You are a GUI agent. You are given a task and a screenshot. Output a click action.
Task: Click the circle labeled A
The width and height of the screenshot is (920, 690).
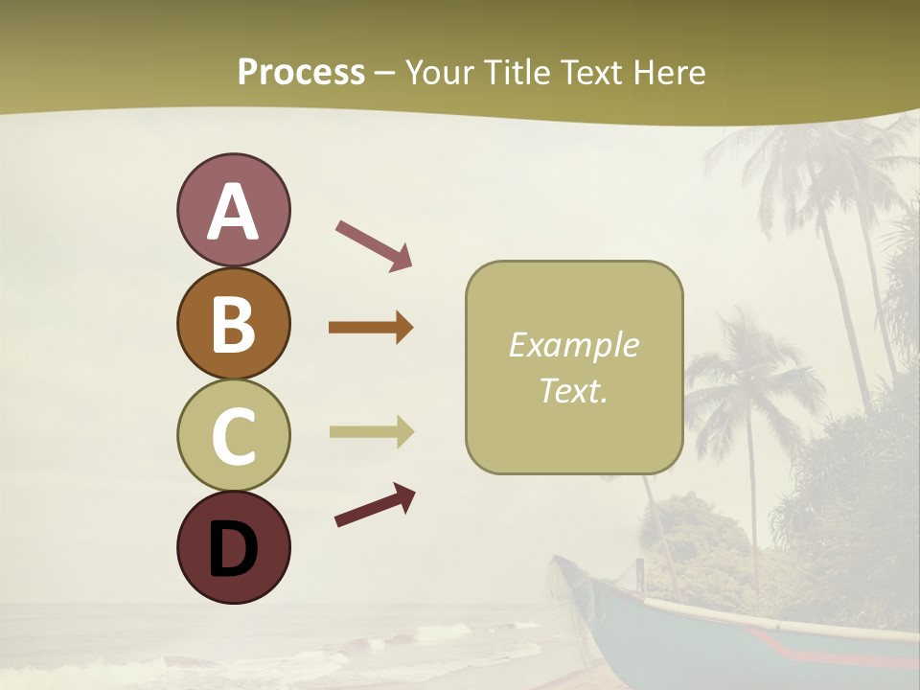point(234,211)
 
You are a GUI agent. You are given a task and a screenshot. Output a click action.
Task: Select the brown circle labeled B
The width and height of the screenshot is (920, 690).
point(234,324)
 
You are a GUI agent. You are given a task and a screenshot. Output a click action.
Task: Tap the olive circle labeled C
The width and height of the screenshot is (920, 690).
point(234,435)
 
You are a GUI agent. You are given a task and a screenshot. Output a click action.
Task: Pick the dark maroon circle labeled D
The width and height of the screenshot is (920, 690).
point(234,547)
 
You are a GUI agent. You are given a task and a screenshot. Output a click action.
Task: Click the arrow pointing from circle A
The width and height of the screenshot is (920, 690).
point(374,244)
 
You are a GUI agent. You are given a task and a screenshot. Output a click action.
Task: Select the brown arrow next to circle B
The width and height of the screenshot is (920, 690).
point(371,328)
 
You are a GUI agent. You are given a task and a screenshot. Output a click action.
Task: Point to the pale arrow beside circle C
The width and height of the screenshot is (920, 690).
point(371,431)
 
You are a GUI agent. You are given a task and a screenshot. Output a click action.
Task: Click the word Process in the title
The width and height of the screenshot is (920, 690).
point(301,72)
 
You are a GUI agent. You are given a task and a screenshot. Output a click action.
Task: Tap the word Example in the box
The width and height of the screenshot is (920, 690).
point(573,345)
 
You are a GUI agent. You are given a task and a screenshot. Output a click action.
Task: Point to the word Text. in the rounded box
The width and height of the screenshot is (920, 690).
point(573,390)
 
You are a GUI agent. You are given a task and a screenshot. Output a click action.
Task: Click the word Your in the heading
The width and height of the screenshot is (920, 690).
point(437,72)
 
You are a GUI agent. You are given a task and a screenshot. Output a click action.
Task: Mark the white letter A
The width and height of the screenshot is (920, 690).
point(234,212)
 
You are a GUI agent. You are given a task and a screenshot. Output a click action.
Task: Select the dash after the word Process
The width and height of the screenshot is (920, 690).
point(385,73)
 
